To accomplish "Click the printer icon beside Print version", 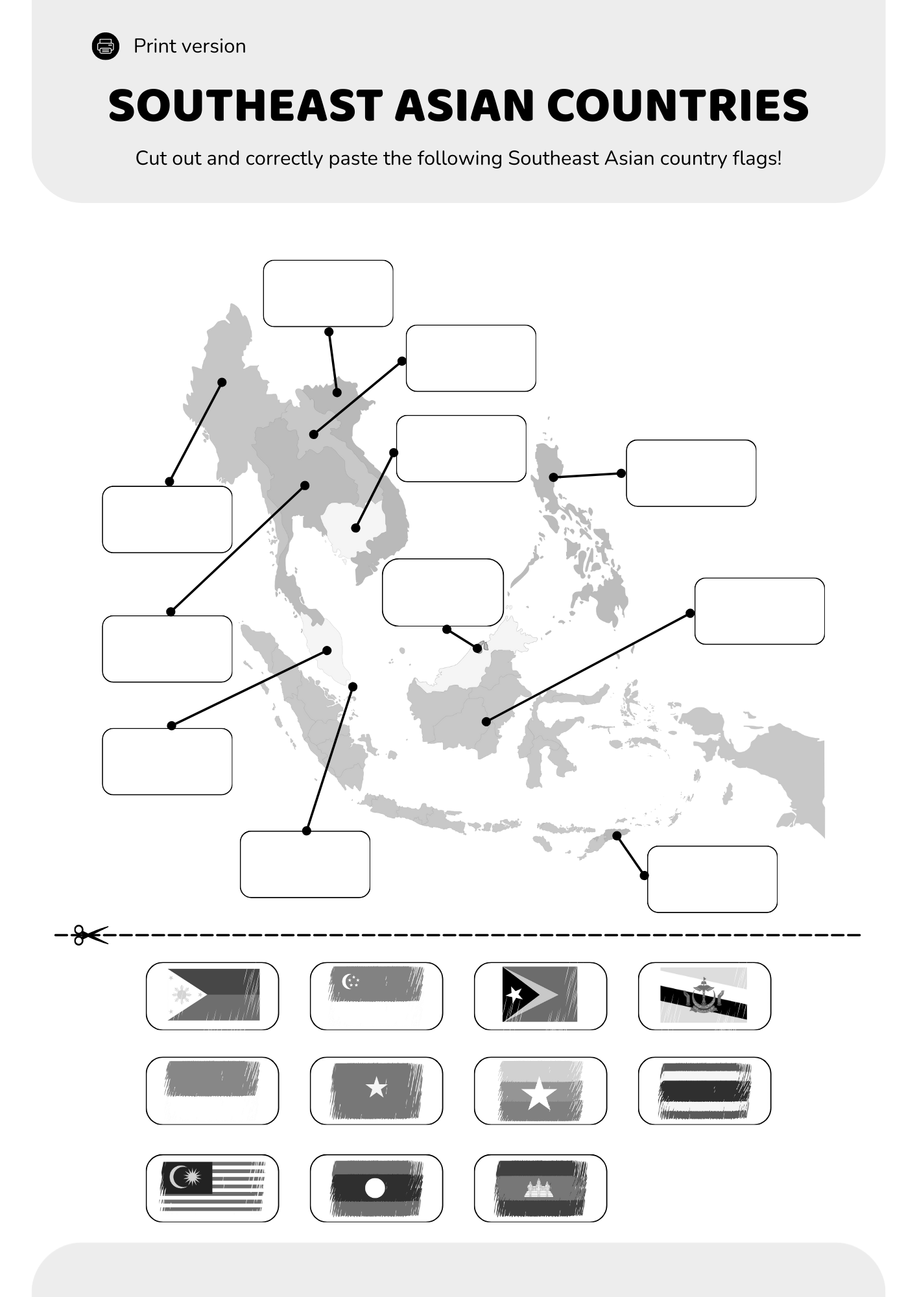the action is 106,46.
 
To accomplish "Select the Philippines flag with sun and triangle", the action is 213,995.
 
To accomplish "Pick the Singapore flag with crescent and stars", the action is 376,995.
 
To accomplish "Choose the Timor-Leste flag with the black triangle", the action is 540,995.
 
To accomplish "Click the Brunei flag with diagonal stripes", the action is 704,995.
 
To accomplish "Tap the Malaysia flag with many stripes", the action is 213,1186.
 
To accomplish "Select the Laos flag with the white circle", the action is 376,1187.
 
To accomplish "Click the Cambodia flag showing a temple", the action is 540,1187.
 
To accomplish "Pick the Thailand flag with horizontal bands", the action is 704,1091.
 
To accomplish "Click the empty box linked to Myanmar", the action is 167,519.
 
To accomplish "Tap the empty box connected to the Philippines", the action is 691,473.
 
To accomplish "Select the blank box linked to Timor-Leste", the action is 712,879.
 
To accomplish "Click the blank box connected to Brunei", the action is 443,592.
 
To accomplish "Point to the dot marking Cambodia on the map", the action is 355,528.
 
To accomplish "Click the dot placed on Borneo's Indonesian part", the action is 486,721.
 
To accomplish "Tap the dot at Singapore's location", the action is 353,686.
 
